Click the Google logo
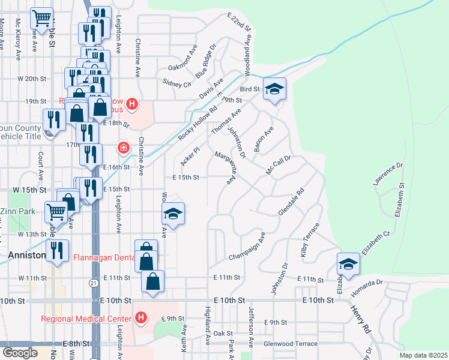tap(20, 353)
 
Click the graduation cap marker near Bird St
tap(274, 89)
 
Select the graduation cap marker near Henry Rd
tap(348, 263)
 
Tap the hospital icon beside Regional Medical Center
tap(140, 317)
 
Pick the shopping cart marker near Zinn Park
tap(56, 211)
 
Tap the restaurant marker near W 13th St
tap(57, 251)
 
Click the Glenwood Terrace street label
tap(290, 344)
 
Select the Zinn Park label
tap(17, 211)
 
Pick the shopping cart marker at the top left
tap(41, 19)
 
